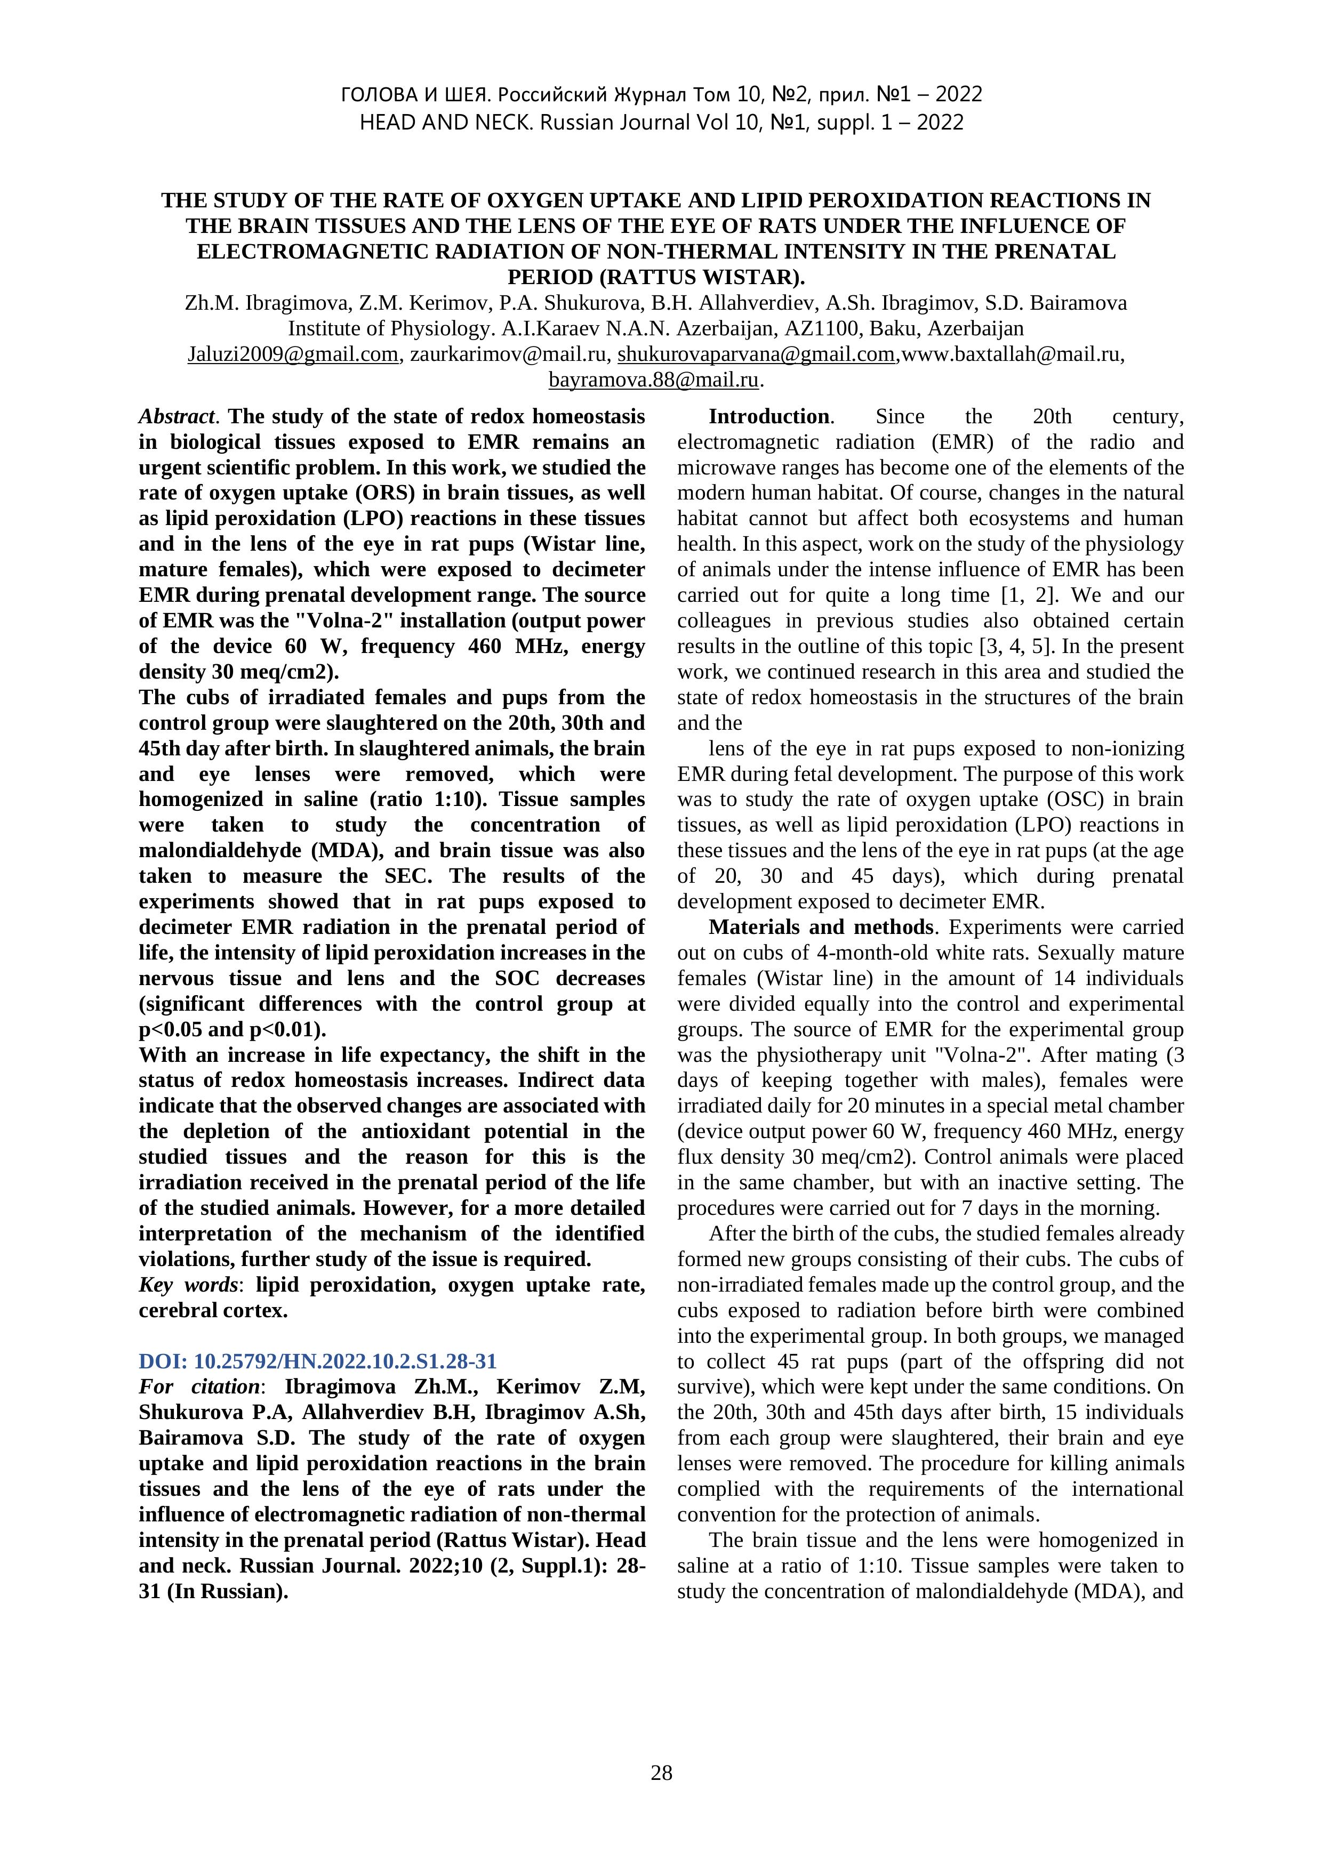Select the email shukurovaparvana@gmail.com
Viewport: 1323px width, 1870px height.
(756, 354)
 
